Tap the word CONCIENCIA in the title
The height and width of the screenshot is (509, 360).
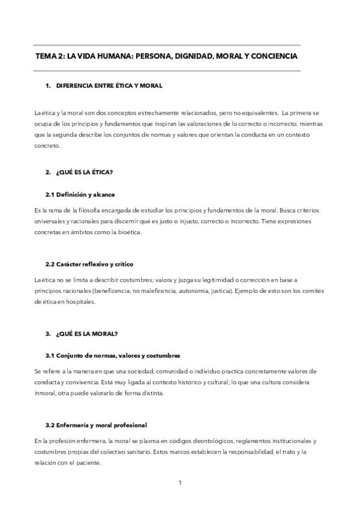coord(268,56)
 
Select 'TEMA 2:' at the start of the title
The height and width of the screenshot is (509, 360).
coord(50,56)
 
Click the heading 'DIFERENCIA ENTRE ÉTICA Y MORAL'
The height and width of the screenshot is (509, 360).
coord(109,86)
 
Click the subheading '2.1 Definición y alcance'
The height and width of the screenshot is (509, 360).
coord(80,194)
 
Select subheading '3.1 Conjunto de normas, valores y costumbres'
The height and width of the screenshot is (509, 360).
coord(112,355)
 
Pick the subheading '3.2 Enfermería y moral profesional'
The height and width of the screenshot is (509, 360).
coord(96,425)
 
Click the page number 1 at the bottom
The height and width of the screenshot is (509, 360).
coord(179,483)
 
